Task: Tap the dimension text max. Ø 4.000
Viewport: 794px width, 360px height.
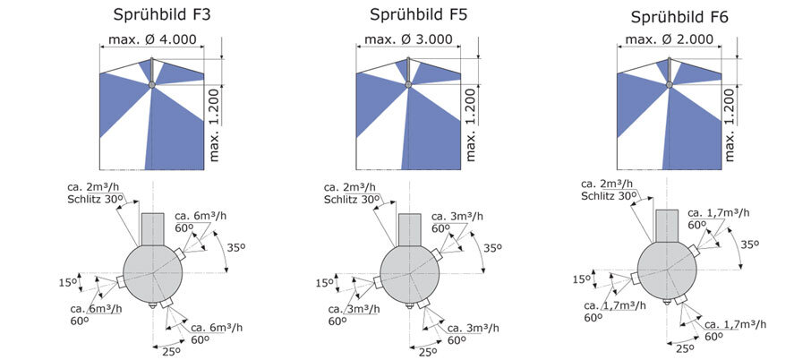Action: point(152,40)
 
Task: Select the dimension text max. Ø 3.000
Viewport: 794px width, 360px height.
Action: point(408,40)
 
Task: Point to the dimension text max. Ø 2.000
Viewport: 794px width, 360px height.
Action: point(669,40)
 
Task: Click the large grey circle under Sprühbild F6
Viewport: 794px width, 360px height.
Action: point(668,268)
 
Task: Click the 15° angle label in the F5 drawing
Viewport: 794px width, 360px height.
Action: point(324,283)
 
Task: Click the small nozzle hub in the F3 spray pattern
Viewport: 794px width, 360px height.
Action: point(152,84)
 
